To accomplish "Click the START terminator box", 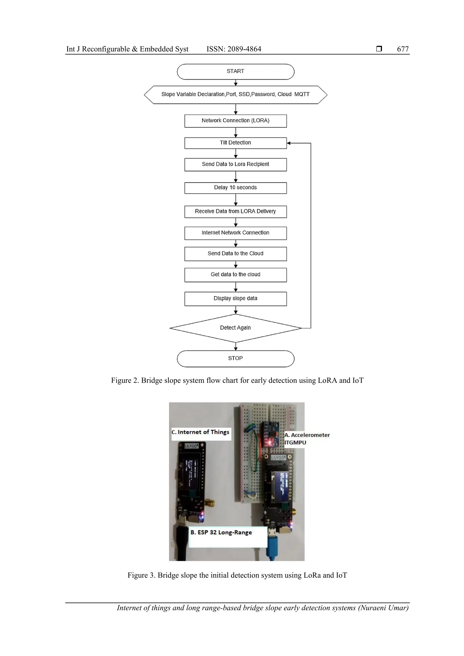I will coord(235,71).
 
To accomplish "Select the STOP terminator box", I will coord(235,359).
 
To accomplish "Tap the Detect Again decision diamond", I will coord(235,328).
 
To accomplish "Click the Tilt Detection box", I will coord(235,143).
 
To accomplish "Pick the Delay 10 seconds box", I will coord(235,188).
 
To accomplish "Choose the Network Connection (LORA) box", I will coord(235,121).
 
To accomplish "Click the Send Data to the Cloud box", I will coord(235,254).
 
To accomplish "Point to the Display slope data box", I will coord(235,299).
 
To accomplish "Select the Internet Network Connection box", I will coord(235,233).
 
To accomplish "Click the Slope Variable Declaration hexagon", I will coord(235,95).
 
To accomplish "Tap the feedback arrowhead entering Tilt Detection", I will coord(289,143).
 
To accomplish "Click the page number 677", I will coord(403,49).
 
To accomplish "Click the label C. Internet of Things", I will coord(201,432).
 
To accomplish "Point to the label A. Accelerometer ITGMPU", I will coord(307,439).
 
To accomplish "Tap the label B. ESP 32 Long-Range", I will coord(221,532).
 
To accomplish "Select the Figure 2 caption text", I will coord(237,381).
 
